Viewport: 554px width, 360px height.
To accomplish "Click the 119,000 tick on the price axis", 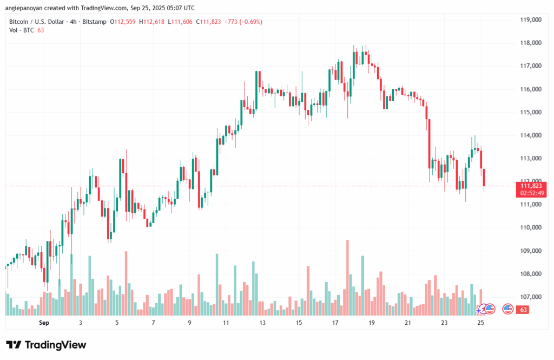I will tap(530, 19).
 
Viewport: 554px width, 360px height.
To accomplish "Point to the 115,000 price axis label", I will tap(530, 112).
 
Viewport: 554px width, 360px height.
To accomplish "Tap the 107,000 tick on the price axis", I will tap(530, 297).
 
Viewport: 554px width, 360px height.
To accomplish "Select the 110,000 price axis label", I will tap(530, 227).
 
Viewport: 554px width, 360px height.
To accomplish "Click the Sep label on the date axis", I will tap(44, 322).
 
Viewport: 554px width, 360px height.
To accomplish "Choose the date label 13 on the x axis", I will tap(262, 322).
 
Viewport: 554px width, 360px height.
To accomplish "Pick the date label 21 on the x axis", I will tap(408, 322).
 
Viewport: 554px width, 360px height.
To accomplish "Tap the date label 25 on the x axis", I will tap(480, 322).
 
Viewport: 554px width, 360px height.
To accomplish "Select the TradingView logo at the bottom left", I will tap(46, 345).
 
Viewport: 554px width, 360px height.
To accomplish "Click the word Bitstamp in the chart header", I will tap(94, 22).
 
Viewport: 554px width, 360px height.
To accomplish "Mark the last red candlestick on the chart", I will tap(484, 178).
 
